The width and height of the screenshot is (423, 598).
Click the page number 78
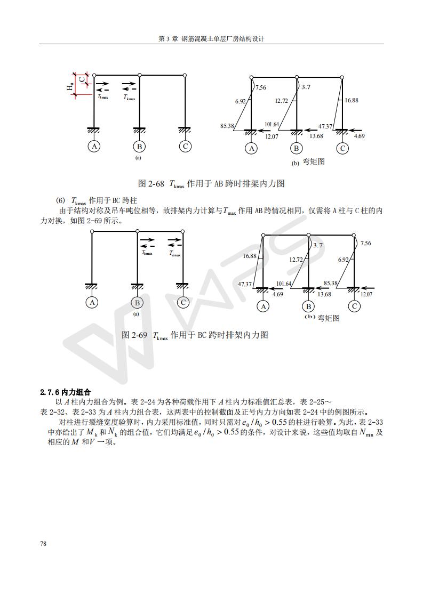point(43,544)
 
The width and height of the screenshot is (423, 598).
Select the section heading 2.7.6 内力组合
point(66,392)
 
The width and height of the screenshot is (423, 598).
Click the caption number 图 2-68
point(151,184)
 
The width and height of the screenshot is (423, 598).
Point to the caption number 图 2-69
point(134,335)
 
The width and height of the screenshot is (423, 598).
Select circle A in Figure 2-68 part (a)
point(94,147)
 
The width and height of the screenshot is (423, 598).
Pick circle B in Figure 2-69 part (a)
point(137,303)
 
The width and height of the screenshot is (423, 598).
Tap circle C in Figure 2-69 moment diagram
point(354,306)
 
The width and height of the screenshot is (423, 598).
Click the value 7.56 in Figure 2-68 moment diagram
point(261,88)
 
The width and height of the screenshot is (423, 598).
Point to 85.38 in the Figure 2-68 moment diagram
point(228,126)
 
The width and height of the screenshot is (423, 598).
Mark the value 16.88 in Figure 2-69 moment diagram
point(250,256)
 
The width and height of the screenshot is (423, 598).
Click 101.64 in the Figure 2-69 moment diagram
point(284,284)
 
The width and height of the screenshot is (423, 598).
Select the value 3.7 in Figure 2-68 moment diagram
point(306,87)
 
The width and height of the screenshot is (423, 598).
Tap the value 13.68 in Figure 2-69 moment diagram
point(324,294)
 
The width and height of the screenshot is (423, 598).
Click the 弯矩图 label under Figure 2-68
point(314,161)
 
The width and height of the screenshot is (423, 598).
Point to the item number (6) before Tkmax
point(60,200)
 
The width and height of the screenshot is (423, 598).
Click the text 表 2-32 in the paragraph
point(52,412)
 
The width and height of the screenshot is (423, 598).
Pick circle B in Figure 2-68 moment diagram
point(296,149)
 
